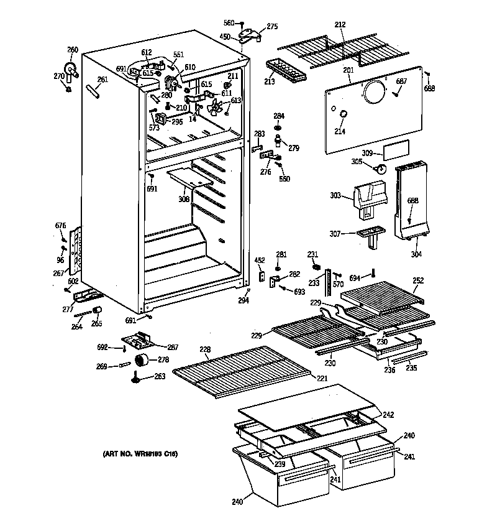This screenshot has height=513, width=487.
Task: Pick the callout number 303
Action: (335, 196)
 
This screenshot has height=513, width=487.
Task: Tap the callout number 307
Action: (335, 234)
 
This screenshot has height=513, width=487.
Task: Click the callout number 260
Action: (73, 50)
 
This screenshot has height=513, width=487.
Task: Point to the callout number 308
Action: (184, 200)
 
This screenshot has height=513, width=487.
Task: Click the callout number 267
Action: (57, 273)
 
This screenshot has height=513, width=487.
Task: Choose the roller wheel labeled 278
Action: (143, 359)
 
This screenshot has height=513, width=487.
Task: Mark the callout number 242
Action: (388, 415)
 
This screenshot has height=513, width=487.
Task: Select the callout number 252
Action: (419, 280)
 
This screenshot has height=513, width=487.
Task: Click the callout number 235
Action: (411, 367)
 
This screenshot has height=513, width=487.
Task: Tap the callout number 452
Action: (260, 261)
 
